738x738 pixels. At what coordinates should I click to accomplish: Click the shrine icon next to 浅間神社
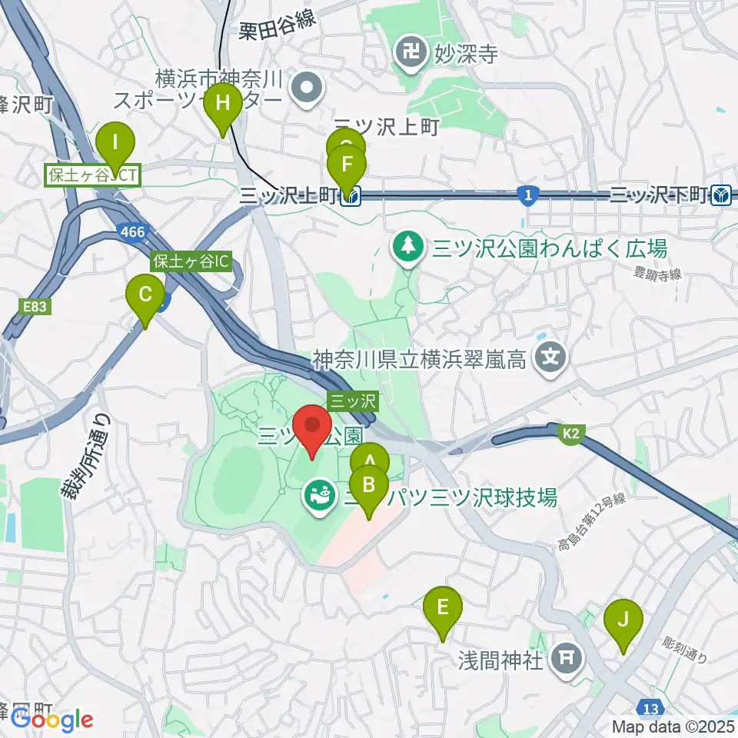[567, 659]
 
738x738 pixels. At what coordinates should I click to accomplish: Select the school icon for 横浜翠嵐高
[551, 357]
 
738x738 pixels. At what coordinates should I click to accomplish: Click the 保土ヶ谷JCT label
[93, 176]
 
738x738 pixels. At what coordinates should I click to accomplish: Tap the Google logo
[52, 720]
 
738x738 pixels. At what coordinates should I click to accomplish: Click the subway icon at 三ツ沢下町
[721, 195]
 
